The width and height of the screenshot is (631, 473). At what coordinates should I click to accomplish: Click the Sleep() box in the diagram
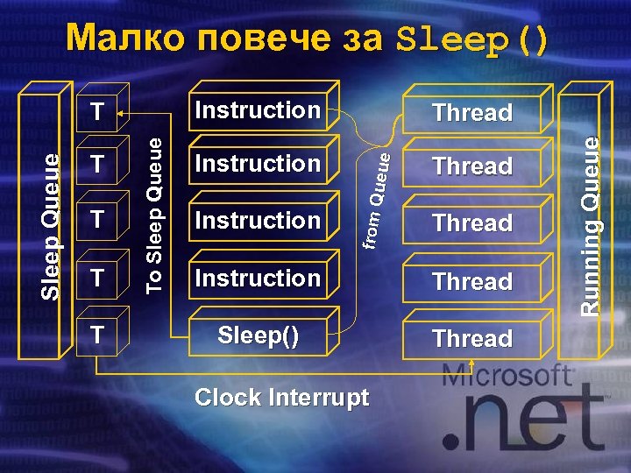pyautogui.click(x=257, y=337)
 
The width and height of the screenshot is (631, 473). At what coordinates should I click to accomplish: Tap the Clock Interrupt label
pyautogui.click(x=282, y=398)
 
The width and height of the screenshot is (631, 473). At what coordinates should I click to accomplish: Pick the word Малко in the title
pyautogui.click(x=124, y=39)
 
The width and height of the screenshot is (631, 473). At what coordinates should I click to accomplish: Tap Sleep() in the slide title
pyautogui.click(x=472, y=39)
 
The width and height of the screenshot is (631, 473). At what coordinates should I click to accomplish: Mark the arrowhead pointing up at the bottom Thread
pyautogui.click(x=472, y=361)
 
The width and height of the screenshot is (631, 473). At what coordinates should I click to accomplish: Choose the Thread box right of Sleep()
pyautogui.click(x=472, y=338)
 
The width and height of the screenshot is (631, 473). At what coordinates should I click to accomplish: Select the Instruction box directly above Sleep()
pyautogui.click(x=257, y=279)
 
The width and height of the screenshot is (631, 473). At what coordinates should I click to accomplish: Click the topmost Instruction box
pyautogui.click(x=257, y=110)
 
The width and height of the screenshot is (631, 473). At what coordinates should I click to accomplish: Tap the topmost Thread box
pyautogui.click(x=472, y=113)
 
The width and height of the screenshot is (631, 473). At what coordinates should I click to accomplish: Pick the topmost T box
pyautogui.click(x=98, y=111)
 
